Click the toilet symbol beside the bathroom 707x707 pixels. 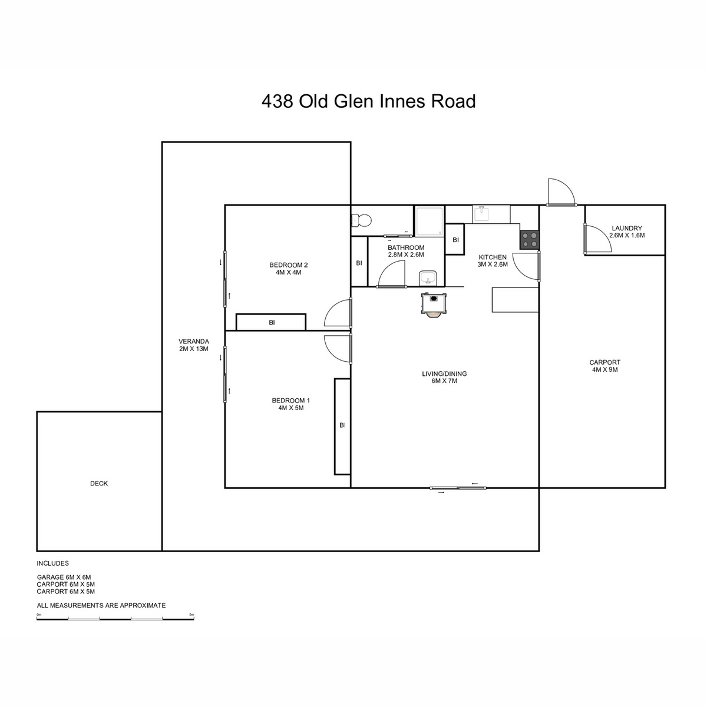[x=361, y=220]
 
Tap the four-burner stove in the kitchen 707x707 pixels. [x=529, y=240]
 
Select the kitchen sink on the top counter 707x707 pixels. [x=481, y=213]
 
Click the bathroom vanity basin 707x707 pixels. [x=427, y=278]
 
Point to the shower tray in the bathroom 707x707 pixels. [x=430, y=221]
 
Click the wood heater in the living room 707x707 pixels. [x=434, y=304]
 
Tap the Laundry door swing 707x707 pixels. [x=597, y=239]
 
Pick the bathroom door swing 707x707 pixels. [x=391, y=274]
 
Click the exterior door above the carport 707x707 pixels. [x=561, y=192]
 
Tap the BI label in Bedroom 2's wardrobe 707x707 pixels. [x=272, y=322]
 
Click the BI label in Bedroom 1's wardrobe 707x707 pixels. [x=342, y=425]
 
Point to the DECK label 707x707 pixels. [x=99, y=484]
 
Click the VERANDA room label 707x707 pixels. [x=194, y=341]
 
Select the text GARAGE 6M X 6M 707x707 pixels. [x=64, y=577]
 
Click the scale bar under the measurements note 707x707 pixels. [x=115, y=619]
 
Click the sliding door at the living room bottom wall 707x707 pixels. [x=458, y=488]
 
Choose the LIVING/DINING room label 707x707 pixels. [x=444, y=374]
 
